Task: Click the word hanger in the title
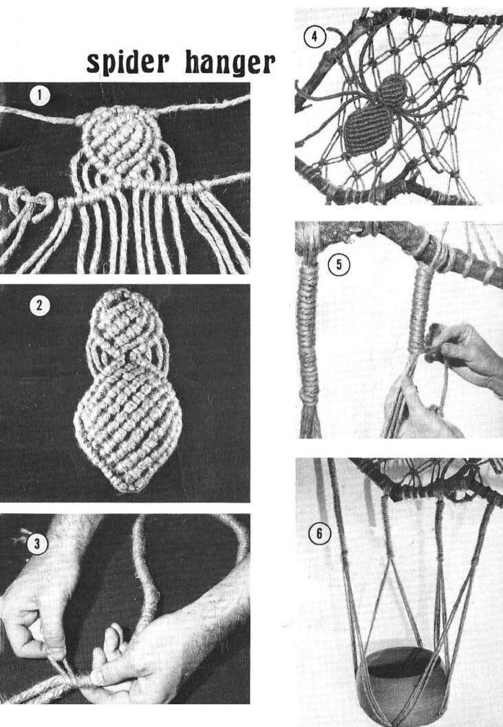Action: point(230,63)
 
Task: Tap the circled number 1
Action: point(39,96)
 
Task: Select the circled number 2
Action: point(39,306)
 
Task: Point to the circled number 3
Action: point(37,543)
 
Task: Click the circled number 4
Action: point(314,36)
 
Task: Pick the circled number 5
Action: point(339,265)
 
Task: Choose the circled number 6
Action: point(319,534)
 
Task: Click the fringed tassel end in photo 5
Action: point(309,419)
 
